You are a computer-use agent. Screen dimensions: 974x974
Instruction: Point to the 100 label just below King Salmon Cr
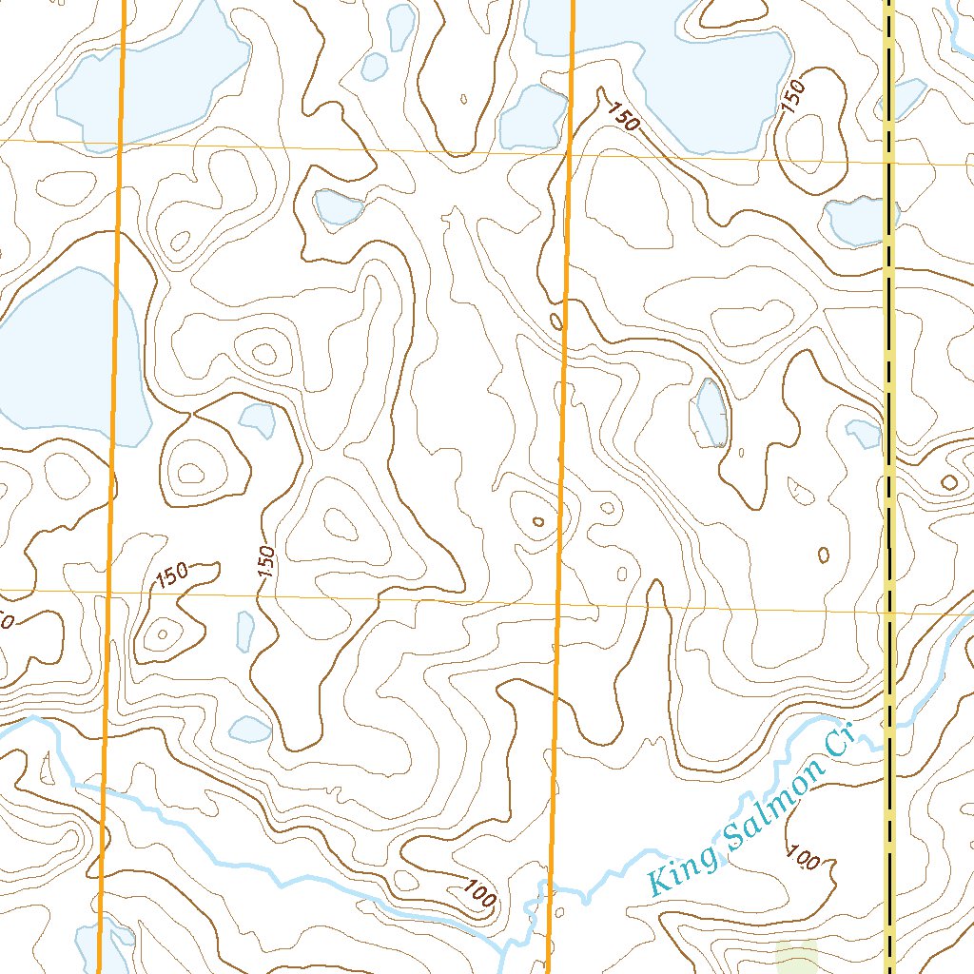804,859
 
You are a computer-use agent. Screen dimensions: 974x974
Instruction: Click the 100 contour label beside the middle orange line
481,892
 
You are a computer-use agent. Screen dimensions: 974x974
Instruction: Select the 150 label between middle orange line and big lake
622,118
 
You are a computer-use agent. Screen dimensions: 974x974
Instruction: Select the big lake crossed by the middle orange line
666,67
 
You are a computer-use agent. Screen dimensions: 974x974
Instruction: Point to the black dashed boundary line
890,380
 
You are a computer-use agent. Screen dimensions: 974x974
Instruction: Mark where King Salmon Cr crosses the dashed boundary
890,725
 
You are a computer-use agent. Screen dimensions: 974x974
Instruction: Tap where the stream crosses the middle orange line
550,888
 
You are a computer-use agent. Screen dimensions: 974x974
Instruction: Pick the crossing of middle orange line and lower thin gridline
558,603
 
